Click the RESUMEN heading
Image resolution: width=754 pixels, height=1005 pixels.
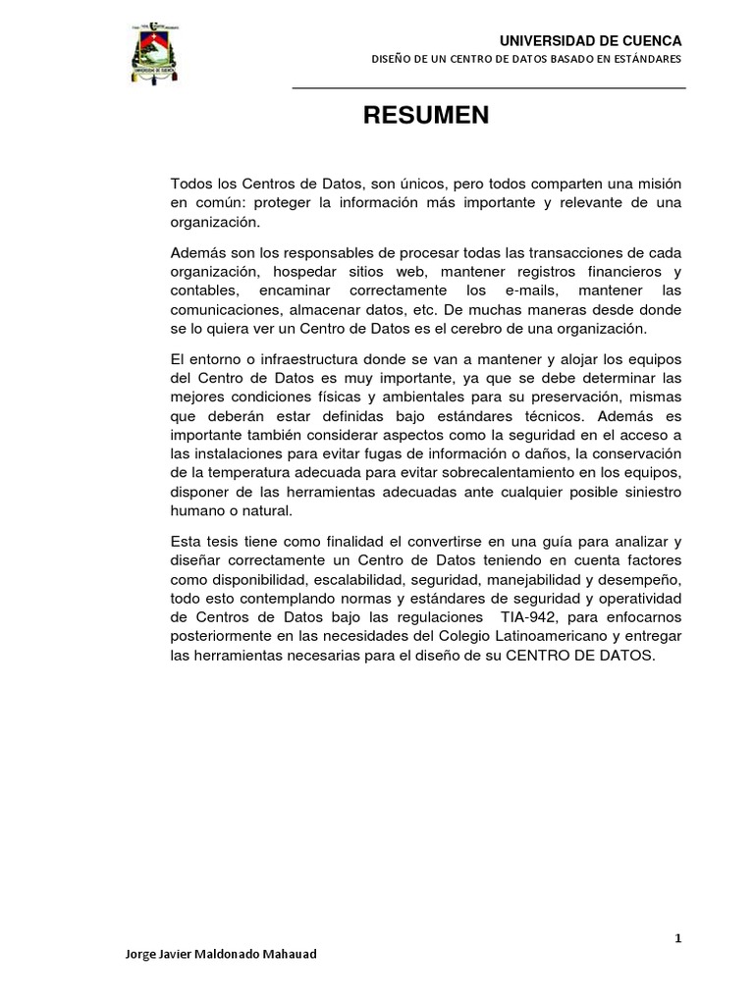click(x=426, y=116)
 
